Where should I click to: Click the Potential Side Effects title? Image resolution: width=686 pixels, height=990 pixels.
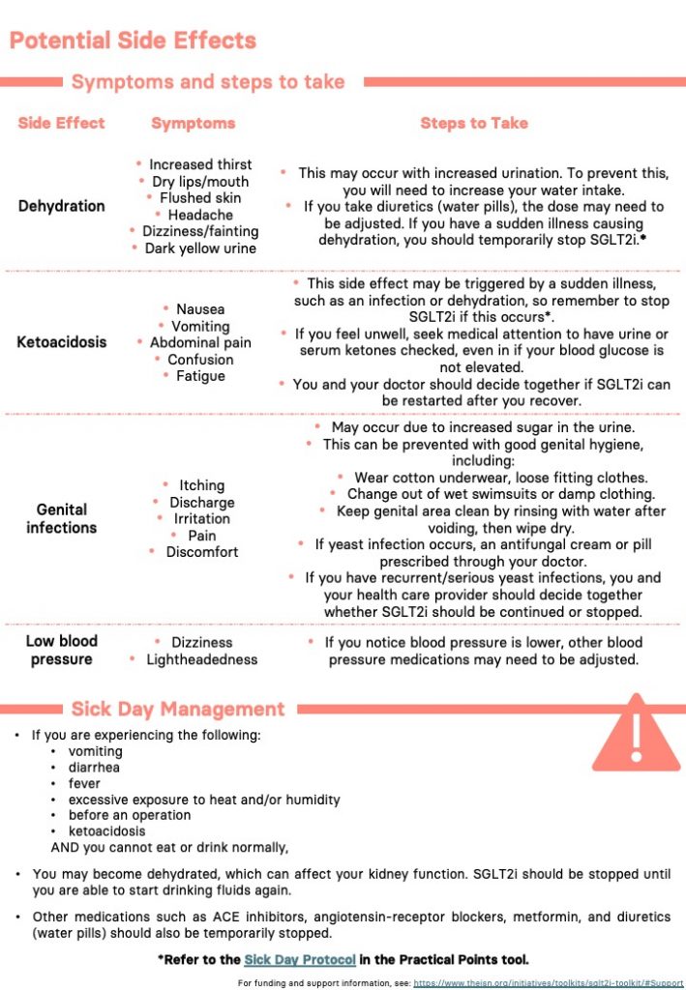(x=133, y=41)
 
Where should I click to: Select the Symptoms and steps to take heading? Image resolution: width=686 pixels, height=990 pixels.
(x=208, y=82)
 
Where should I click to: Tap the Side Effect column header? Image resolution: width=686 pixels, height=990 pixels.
(x=61, y=123)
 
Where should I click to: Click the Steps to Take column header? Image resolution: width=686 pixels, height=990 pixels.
(x=474, y=123)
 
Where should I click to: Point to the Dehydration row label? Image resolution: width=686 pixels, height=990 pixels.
(x=62, y=206)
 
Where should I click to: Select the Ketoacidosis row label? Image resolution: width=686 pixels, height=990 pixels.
(x=62, y=342)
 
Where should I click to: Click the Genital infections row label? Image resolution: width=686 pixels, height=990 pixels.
(x=62, y=518)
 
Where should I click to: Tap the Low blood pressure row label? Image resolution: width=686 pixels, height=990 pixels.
(x=62, y=650)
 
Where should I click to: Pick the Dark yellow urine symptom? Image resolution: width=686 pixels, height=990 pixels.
(x=200, y=248)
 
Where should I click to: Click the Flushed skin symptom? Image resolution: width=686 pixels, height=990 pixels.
(x=200, y=198)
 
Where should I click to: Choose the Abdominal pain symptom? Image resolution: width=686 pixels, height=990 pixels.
(x=200, y=342)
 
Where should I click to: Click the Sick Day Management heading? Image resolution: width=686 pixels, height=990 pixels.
(x=178, y=709)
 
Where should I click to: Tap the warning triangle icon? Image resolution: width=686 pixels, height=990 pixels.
(x=636, y=734)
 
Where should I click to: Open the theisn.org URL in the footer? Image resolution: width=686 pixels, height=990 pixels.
(x=548, y=982)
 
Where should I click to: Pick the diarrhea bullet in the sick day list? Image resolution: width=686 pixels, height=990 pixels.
(x=95, y=768)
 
